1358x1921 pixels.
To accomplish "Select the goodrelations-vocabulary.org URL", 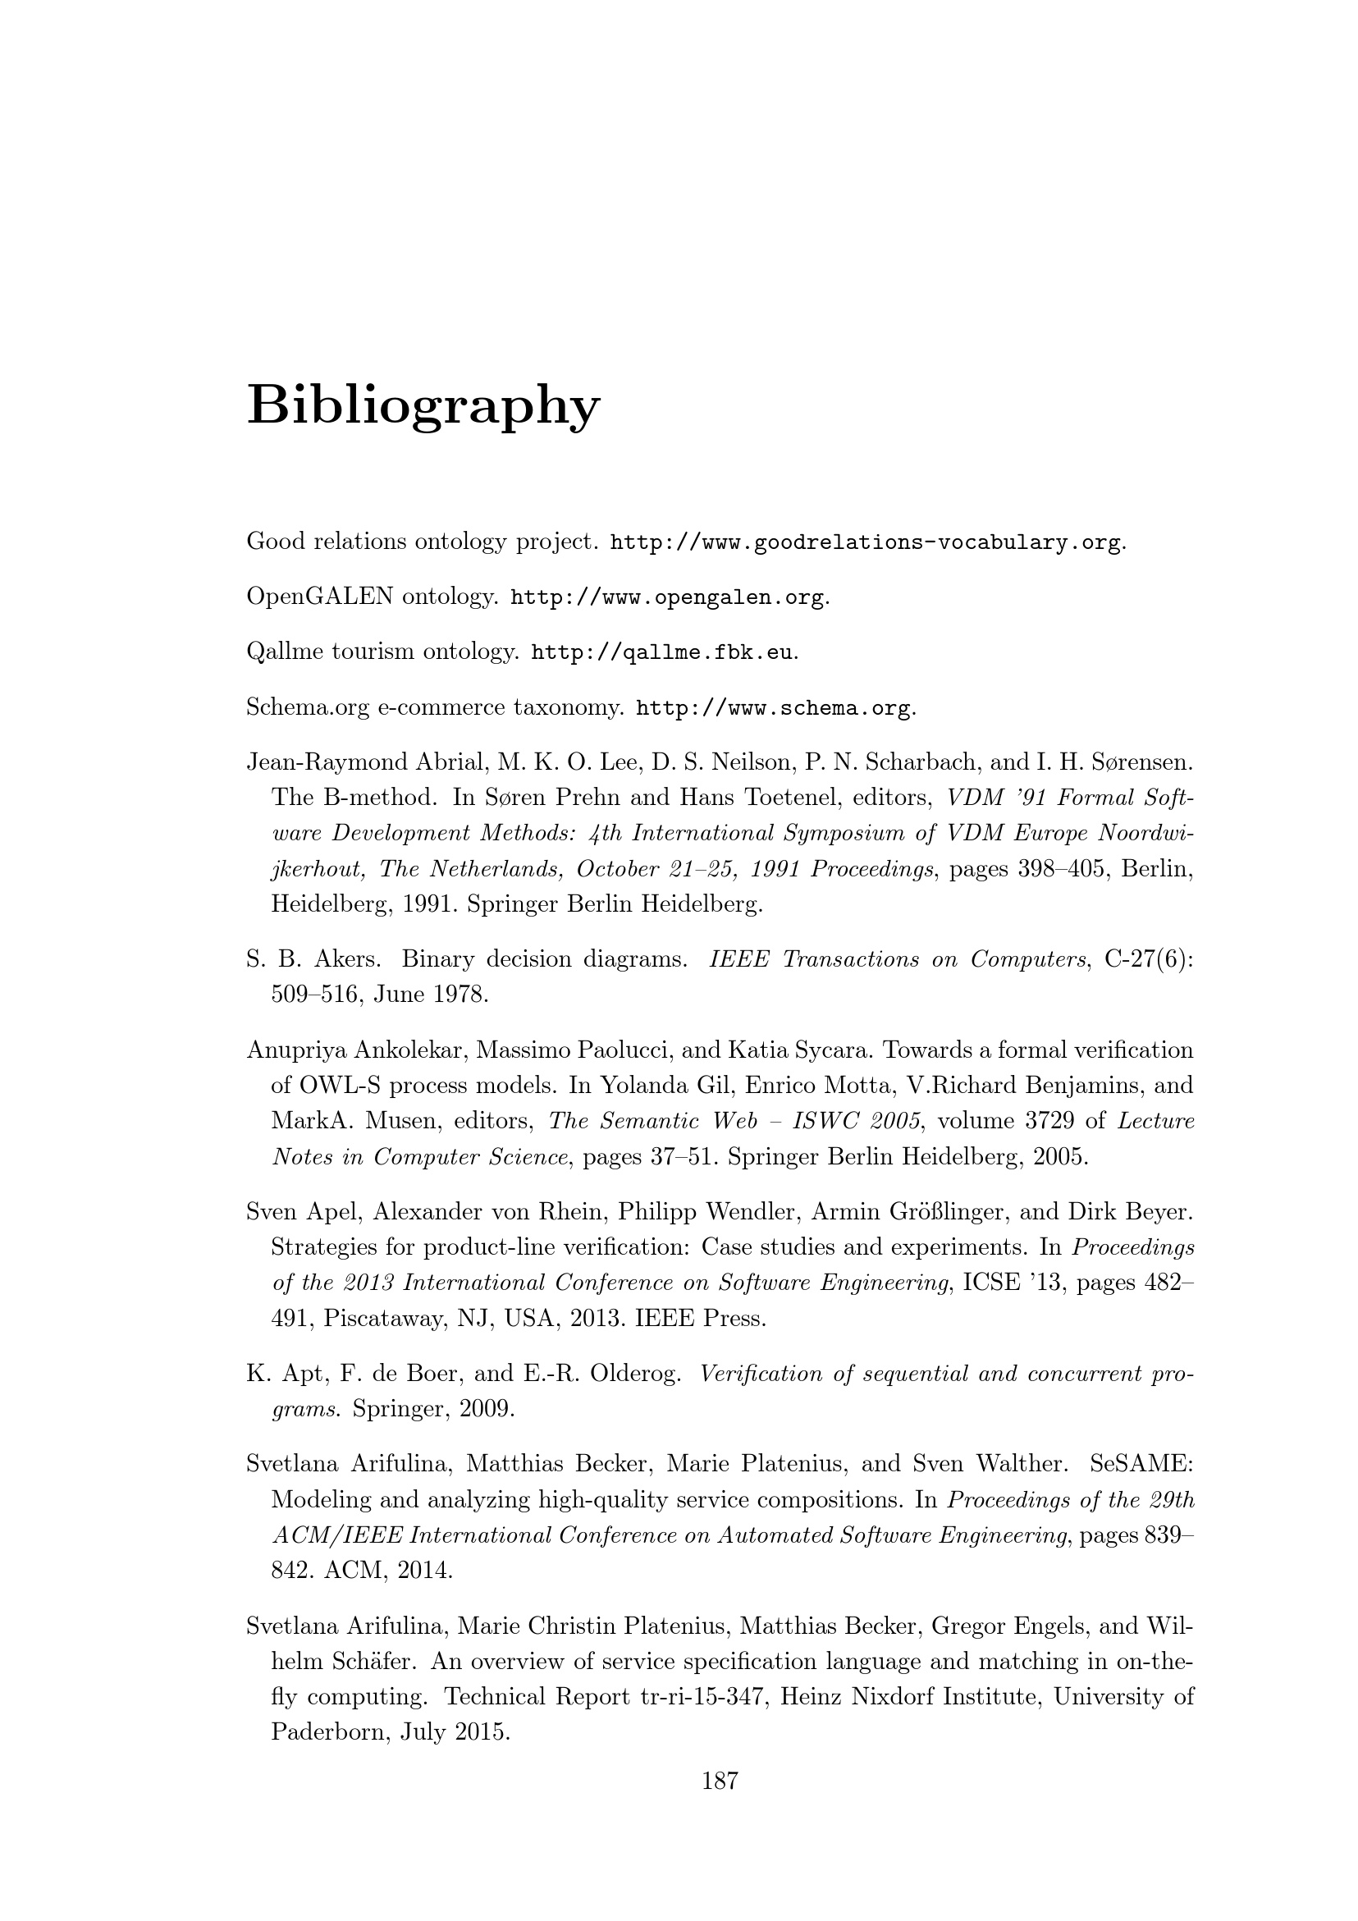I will (x=865, y=543).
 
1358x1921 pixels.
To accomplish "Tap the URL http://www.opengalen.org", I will (x=667, y=598).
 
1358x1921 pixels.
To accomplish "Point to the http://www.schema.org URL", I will (x=773, y=709).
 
